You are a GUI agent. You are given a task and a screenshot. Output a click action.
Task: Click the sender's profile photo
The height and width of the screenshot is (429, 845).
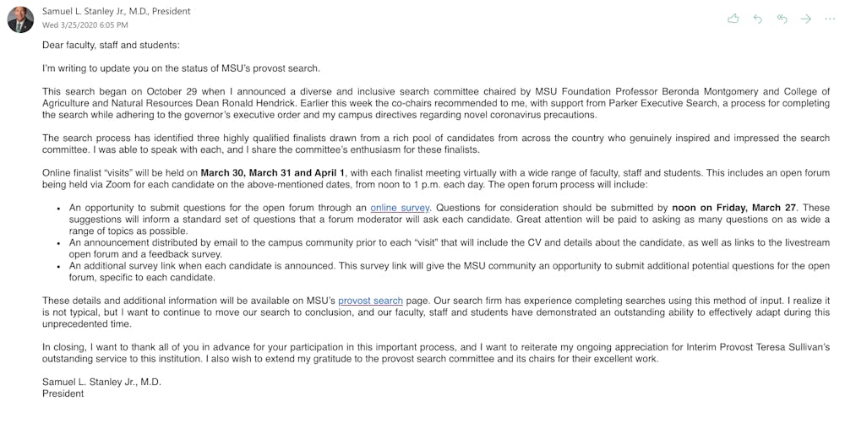[x=20, y=19]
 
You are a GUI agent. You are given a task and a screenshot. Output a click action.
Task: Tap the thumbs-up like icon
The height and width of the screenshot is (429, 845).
[x=733, y=19]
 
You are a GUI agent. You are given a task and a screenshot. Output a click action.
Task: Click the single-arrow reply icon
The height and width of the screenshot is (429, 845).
[x=757, y=19]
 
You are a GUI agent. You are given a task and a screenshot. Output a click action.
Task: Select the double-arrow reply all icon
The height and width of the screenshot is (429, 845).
[x=782, y=19]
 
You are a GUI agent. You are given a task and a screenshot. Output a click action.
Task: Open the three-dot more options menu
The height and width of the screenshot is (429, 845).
[x=831, y=19]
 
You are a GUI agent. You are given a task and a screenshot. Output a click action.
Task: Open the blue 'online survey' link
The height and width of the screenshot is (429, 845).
[x=400, y=208]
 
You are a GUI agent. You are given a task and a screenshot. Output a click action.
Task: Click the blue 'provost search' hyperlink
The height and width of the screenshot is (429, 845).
[x=370, y=301]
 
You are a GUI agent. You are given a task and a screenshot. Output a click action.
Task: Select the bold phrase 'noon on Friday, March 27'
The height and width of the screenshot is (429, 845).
[x=739, y=208]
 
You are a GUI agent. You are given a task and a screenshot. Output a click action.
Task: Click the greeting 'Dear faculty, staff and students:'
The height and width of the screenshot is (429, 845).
[x=111, y=45]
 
